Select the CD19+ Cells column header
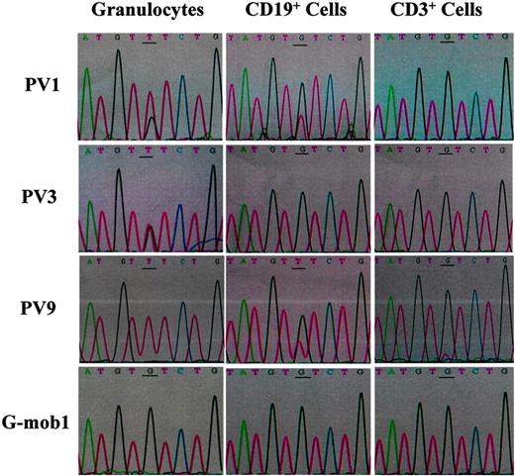pyautogui.click(x=297, y=13)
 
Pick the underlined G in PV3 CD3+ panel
pyautogui.click(x=448, y=153)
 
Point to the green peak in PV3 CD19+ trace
pyautogui.click(x=239, y=203)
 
